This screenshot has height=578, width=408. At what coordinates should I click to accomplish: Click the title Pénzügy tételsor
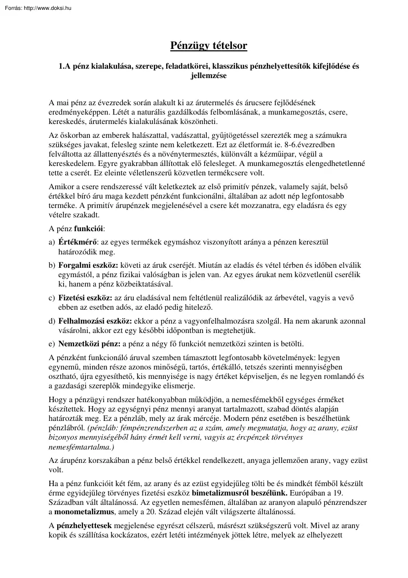(209, 46)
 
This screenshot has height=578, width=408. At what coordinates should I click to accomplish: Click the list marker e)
(52, 343)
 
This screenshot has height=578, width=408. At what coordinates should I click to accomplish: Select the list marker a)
(52, 242)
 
